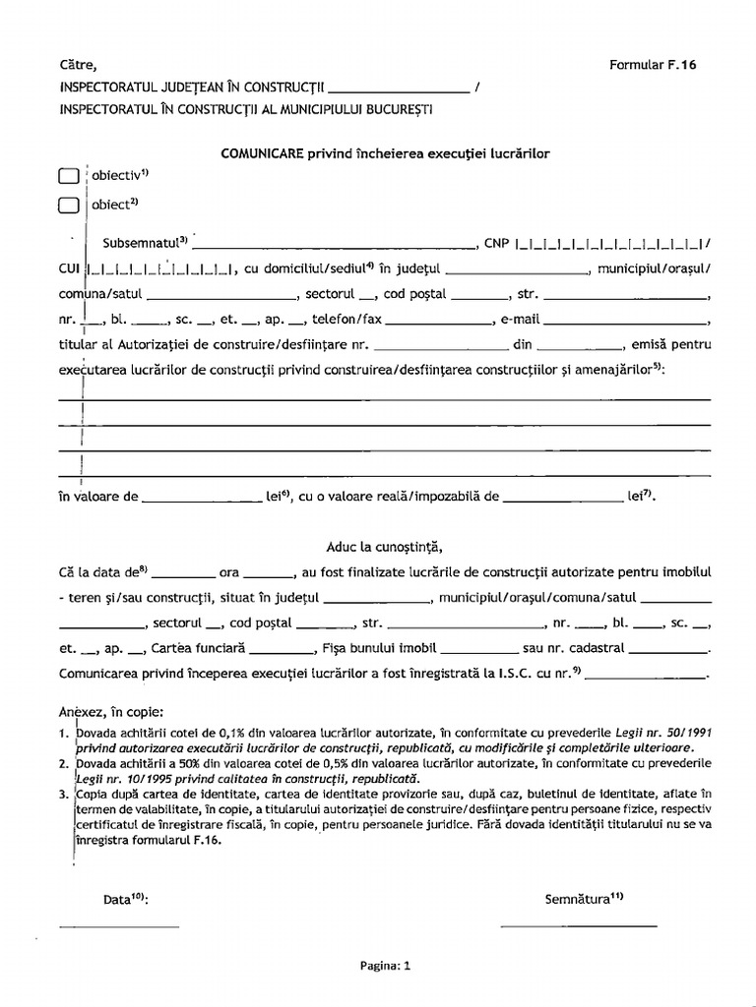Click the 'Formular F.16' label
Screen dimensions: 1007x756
(653, 65)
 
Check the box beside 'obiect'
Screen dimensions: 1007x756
(67, 207)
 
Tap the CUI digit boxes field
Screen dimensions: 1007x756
(159, 268)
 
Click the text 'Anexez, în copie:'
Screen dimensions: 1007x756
(110, 711)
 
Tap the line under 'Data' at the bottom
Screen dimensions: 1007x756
(119, 924)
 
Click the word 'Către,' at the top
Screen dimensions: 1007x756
(79, 65)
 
